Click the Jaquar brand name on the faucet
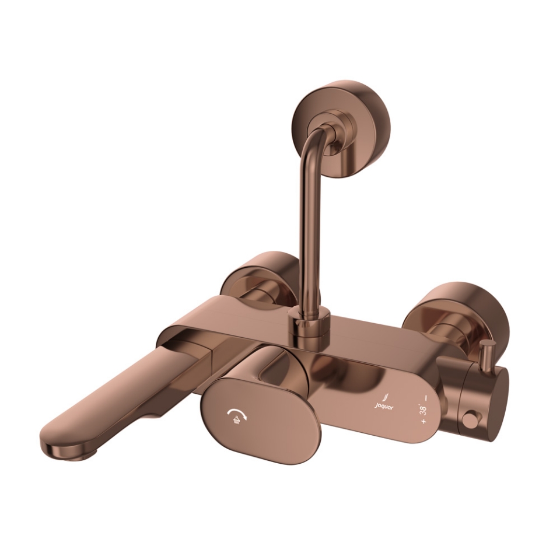coord(383,408)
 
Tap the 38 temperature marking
coord(423,409)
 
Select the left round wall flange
coord(257,273)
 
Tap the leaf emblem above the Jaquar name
coord(384,395)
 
